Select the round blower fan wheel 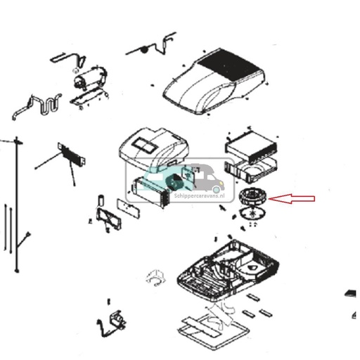coord(250,198)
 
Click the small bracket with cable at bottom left coord(113,322)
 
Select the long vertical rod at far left coord(15,204)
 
